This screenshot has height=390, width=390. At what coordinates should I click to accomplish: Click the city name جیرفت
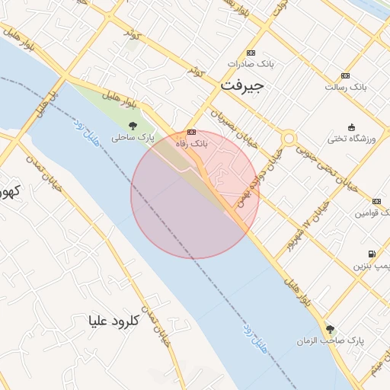coord(241,86)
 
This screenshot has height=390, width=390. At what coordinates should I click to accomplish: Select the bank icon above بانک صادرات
coord(250,53)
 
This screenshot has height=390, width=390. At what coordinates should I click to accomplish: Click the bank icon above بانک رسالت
coord(346,75)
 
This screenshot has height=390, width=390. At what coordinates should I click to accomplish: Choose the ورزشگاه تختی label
coord(351,139)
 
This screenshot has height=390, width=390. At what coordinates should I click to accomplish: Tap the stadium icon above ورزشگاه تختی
coord(351,127)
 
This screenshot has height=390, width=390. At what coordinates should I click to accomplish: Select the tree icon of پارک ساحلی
coord(133,126)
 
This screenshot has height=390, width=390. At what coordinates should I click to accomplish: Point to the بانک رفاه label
coord(191,142)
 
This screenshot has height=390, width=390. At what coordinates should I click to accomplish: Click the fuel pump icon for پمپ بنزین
coord(371,254)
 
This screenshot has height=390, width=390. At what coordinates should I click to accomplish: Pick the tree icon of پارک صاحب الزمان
coord(330,328)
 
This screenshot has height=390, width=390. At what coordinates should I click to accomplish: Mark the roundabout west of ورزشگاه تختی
coord(289,139)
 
